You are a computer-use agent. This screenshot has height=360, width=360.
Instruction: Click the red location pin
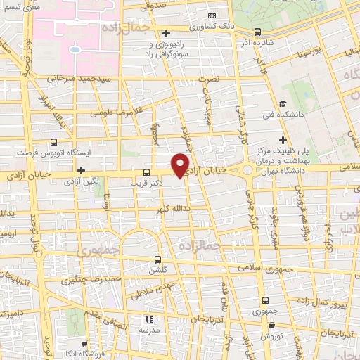[181, 165]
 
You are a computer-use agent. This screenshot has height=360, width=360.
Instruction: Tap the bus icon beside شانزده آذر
[257, 31]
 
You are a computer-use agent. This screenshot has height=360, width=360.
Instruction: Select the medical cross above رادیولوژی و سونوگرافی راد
[166, 33]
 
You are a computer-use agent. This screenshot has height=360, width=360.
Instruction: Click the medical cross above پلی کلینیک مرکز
[283, 140]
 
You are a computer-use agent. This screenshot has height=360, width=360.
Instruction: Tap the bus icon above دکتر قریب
[146, 172]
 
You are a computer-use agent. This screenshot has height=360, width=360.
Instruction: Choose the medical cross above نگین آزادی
[82, 170]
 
